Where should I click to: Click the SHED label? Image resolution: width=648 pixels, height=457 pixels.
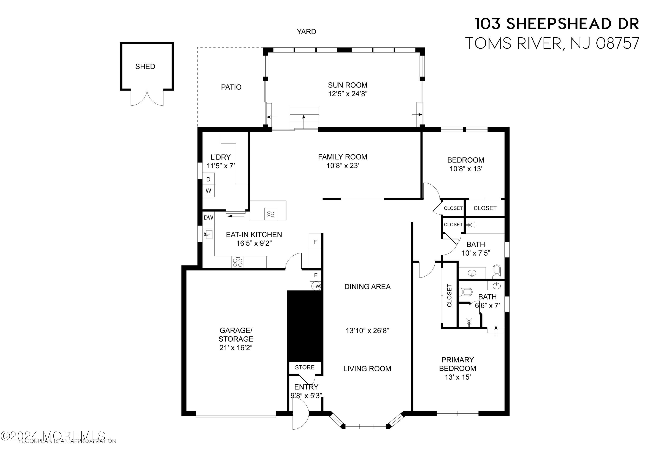(x=145, y=67)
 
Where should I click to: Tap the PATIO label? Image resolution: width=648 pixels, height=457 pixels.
(x=231, y=87)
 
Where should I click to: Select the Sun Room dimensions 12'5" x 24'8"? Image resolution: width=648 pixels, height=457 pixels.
(x=347, y=94)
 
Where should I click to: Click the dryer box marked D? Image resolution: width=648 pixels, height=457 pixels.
(x=208, y=179)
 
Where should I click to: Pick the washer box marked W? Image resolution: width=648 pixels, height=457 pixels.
(x=208, y=191)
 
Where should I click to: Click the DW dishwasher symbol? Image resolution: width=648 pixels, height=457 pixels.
(x=208, y=218)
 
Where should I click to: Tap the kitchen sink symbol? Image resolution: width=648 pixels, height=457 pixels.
(x=208, y=234)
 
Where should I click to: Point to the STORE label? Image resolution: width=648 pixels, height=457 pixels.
(x=305, y=367)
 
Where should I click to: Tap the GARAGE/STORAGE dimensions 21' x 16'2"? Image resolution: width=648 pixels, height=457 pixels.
(x=236, y=348)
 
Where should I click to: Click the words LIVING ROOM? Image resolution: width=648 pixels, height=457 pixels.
(x=367, y=369)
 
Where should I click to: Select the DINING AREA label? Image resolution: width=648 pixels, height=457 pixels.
(x=367, y=287)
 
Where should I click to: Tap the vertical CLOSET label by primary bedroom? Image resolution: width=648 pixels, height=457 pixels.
(x=449, y=296)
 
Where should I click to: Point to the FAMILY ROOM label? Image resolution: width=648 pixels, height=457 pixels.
(x=342, y=157)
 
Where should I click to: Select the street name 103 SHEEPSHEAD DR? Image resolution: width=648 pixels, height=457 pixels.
(x=557, y=24)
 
